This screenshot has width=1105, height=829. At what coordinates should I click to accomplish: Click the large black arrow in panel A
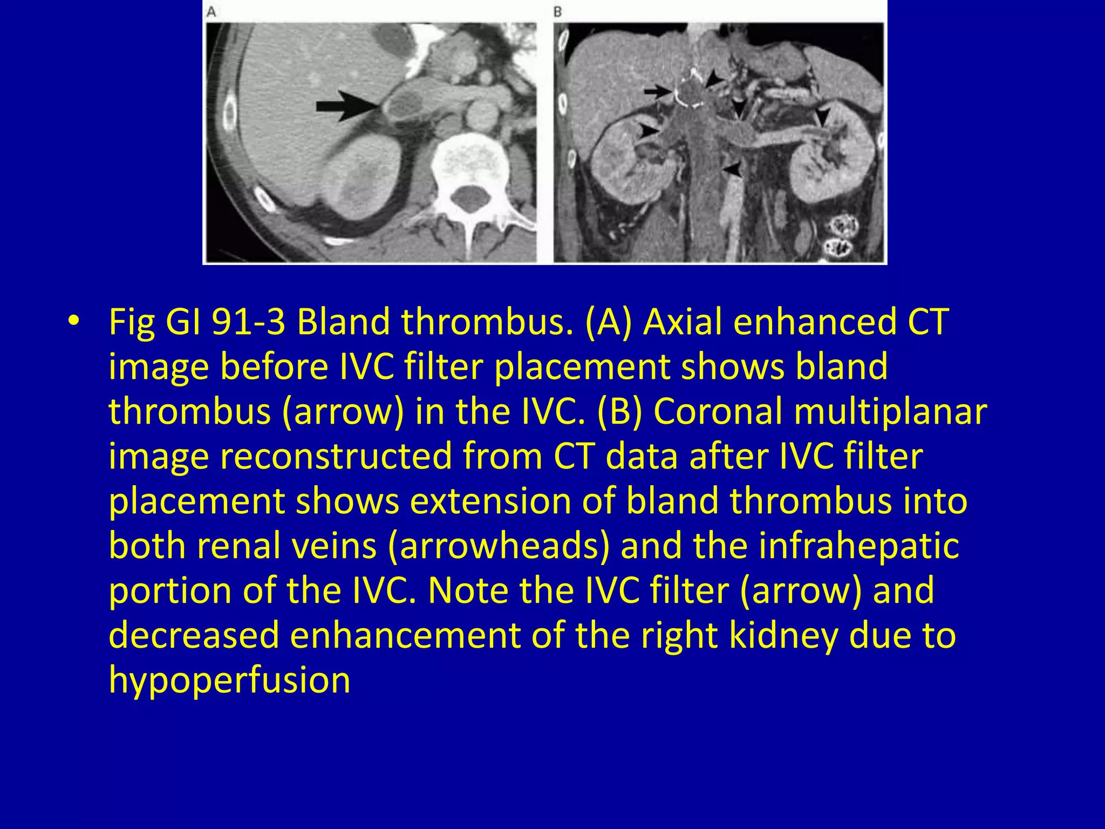[345, 106]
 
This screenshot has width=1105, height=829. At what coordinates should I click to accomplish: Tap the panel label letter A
[212, 11]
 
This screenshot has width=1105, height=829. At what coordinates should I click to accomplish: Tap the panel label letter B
[558, 11]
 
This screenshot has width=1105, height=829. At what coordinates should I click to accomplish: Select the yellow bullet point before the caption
[73, 322]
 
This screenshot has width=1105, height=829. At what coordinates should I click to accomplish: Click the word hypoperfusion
[229, 679]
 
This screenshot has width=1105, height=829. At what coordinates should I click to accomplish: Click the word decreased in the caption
[194, 635]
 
